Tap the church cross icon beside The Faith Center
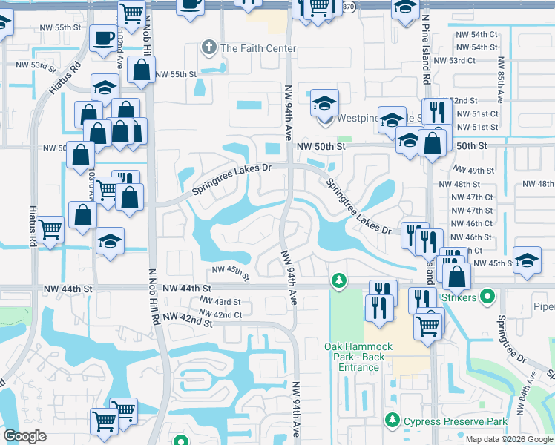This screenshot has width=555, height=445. coord(209,48)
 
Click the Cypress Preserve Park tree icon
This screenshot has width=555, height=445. coord(393,421)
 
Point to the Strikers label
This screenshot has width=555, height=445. coord(459,298)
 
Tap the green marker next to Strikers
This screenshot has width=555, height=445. coord(487,298)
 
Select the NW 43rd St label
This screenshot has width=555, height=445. coord(217,302)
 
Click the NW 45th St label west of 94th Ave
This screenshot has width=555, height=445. coord(229,272)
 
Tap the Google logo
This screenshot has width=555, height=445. coord(25,436)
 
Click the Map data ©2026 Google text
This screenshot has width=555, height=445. coord(508,439)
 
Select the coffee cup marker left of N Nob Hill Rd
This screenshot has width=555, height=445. coord(102,38)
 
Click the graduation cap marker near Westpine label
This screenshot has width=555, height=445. coord(324,102)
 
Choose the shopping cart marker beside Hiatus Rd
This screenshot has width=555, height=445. coord(50,228)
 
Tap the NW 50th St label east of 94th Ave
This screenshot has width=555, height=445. coord(321,147)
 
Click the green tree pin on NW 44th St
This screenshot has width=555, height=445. coord(339,280)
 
